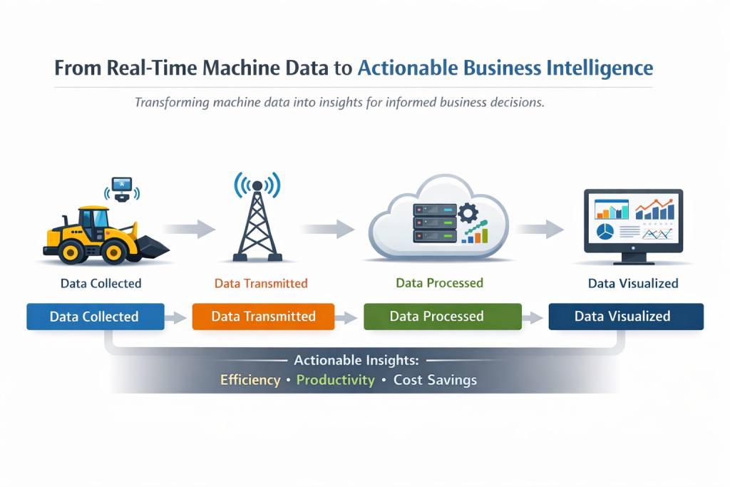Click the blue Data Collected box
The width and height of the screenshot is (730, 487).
point(96,317)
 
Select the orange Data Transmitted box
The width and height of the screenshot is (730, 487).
point(264,317)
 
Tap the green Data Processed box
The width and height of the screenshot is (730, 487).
point(443,317)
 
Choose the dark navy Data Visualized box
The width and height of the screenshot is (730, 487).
point(626,317)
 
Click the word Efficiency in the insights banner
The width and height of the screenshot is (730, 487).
point(250,380)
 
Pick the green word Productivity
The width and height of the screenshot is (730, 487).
point(336,380)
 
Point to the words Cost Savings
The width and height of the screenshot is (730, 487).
point(436,380)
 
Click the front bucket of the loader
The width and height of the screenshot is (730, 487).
point(152,247)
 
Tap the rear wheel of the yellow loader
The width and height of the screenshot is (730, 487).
point(71,253)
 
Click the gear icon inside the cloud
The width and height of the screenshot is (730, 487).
point(468,214)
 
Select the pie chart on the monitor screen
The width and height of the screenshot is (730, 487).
point(605,232)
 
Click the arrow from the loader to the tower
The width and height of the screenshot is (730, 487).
point(188,229)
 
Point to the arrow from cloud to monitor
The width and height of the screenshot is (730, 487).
point(540,229)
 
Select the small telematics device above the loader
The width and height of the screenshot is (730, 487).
point(122,189)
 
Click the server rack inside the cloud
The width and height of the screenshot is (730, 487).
point(435,223)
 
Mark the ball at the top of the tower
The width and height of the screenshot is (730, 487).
point(257,186)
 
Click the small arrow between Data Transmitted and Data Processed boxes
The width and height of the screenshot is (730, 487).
point(346,318)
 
